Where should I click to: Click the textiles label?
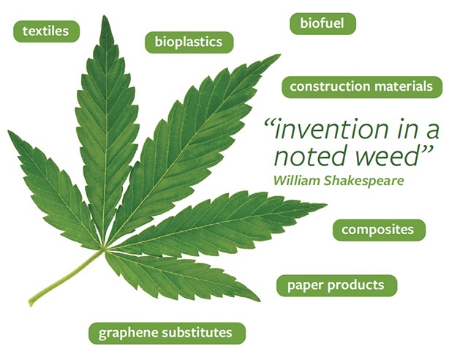click(45, 31)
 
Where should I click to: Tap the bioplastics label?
click(189, 42)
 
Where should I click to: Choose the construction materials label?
click(361, 86)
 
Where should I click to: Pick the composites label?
click(377, 230)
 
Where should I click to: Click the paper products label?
click(336, 285)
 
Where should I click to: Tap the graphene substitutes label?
click(165, 333)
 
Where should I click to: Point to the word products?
click(357, 285)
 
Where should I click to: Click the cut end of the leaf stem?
click(31, 301)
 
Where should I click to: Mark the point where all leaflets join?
click(105, 249)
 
